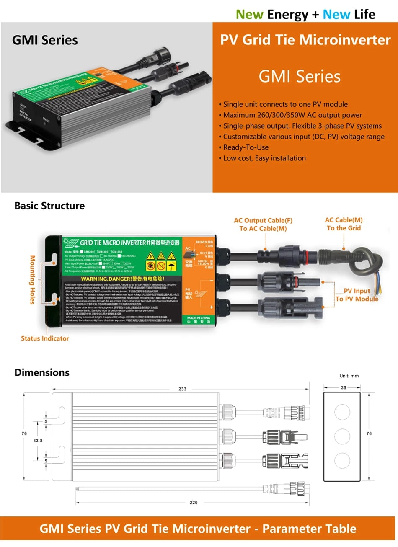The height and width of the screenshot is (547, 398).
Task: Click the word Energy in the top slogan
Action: click(287, 15)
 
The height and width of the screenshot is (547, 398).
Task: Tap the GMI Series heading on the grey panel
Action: click(45, 40)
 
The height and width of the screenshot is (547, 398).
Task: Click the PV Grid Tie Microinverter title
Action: click(305, 40)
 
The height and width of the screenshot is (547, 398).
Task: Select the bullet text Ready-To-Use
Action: click(246, 147)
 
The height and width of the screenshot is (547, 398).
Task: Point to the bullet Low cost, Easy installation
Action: click(264, 158)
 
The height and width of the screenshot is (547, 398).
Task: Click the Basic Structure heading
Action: click(49, 206)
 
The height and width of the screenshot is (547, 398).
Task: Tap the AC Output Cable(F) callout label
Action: click(263, 220)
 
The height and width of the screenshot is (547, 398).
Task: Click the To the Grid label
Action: click(344, 228)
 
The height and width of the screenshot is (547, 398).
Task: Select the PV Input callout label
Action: click(357, 291)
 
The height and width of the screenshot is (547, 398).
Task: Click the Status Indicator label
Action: click(45, 338)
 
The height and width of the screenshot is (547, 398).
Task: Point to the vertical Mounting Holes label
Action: click(33, 280)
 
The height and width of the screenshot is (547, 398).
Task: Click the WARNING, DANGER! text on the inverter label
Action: click(123, 279)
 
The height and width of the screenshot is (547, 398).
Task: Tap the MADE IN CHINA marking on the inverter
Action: click(199, 318)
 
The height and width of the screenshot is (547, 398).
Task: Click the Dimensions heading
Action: click(42, 372)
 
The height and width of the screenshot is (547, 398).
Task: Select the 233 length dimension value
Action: click(182, 389)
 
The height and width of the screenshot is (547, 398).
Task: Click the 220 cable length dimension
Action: click(194, 502)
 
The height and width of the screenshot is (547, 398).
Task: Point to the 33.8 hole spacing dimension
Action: click(38, 441)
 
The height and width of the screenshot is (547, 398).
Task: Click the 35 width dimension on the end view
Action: click(344, 387)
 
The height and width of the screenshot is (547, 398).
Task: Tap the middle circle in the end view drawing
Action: click(342, 436)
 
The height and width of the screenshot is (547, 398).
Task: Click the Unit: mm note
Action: click(349, 376)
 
